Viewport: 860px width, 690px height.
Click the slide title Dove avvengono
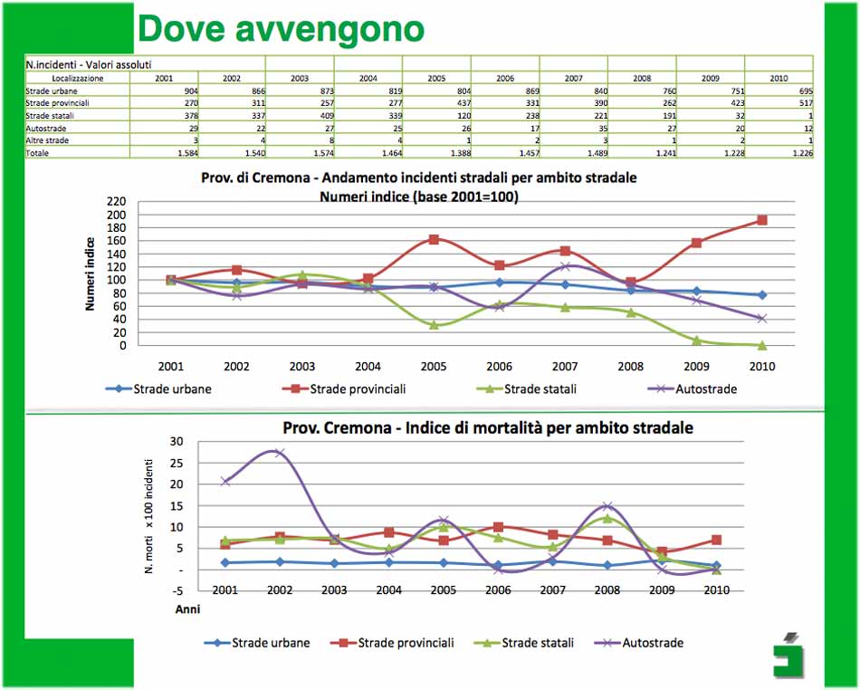pos(281,28)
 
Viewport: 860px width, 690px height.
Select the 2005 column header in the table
pos(436,79)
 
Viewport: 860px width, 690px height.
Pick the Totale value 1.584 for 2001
pos(163,153)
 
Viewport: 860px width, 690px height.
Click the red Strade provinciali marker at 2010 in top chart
pos(762,220)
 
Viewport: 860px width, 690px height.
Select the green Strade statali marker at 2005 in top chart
pos(434,324)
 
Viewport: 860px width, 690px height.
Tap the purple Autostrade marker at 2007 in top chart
pos(565,266)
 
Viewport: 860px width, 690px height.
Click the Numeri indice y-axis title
pos(91,273)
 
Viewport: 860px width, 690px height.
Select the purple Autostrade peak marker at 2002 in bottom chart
pos(279,453)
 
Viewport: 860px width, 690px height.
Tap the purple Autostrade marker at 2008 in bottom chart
pos(607,506)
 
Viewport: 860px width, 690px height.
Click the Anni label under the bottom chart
pos(186,609)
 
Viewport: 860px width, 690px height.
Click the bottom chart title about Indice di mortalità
pos(488,426)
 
